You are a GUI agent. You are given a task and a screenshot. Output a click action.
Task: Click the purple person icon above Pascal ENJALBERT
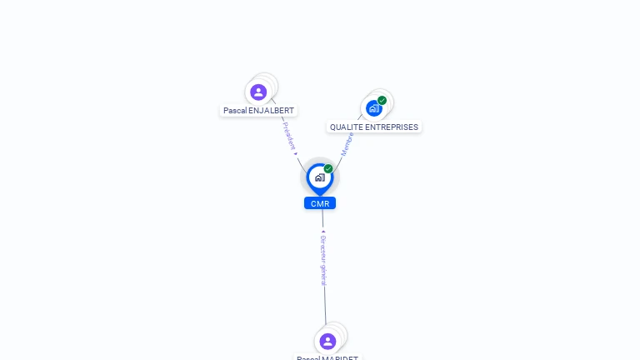[258, 92]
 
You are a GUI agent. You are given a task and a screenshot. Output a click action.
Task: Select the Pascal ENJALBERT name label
[258, 110]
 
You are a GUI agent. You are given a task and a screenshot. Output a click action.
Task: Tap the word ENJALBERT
[272, 110]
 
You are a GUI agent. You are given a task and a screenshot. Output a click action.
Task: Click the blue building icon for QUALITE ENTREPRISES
[374, 108]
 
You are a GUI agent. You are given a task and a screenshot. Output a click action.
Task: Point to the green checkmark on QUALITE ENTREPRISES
[382, 101]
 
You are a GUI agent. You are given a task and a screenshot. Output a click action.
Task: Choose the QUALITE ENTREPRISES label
[374, 127]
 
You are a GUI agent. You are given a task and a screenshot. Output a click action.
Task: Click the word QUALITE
[345, 127]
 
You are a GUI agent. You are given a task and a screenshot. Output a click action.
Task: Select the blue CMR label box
[320, 203]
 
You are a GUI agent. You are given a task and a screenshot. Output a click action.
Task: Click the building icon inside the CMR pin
[319, 177]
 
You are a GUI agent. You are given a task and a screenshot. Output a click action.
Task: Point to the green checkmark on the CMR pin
[328, 169]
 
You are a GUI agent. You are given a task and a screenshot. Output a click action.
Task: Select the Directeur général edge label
[323, 261]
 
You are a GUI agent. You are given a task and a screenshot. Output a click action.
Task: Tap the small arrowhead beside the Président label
[296, 153]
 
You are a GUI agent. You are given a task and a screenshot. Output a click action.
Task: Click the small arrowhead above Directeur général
[322, 231]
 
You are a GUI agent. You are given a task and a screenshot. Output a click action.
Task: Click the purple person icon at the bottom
[327, 341]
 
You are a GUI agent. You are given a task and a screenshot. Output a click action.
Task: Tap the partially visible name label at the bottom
[327, 357]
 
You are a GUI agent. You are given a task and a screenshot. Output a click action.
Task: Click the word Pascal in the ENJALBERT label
[235, 110]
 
